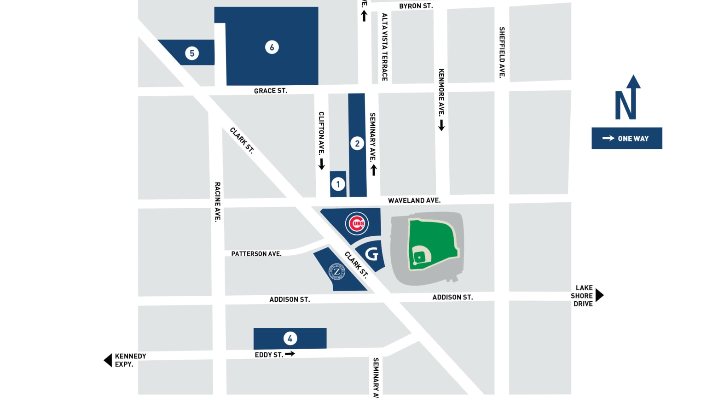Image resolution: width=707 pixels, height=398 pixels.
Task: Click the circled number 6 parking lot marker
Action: tap(272, 47)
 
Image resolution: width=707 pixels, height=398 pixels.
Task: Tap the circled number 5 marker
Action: tap(192, 53)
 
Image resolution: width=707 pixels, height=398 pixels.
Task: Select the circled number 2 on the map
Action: tap(357, 144)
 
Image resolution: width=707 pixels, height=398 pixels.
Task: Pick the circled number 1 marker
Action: tap(338, 184)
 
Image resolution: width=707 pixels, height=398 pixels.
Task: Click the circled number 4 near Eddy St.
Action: tap(290, 339)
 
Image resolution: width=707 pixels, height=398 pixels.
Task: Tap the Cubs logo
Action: tap(357, 223)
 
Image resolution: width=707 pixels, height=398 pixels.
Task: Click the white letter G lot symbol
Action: tap(371, 254)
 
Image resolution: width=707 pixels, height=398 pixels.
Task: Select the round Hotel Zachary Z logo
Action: tap(337, 271)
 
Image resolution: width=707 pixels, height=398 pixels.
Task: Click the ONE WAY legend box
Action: tap(626, 138)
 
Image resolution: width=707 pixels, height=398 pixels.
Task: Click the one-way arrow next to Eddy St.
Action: tap(290, 354)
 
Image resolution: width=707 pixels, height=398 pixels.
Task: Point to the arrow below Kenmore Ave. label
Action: tap(441, 125)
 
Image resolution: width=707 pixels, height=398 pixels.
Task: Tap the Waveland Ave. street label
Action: tap(414, 200)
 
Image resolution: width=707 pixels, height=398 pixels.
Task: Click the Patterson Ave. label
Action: tap(256, 254)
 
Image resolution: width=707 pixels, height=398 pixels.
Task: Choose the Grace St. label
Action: tap(270, 91)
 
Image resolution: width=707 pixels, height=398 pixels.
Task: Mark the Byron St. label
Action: tap(416, 6)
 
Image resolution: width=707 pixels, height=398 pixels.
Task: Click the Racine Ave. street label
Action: tap(217, 202)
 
